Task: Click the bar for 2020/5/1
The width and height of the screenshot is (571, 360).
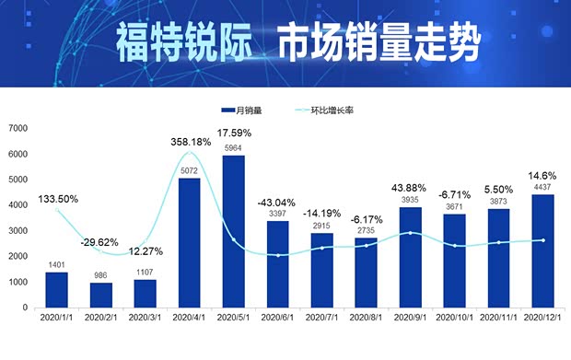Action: tap(233, 231)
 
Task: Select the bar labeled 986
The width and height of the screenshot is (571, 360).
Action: tap(100, 295)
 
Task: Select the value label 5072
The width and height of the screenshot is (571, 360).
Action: tap(189, 170)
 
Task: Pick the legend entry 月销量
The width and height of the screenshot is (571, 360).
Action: tap(241, 110)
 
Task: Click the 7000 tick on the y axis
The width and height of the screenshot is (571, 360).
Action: tap(19, 128)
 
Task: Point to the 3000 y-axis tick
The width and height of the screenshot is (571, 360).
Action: tap(19, 230)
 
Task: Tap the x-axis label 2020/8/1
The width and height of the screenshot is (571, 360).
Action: tap(367, 316)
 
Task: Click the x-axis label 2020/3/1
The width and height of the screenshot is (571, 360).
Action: tap(145, 316)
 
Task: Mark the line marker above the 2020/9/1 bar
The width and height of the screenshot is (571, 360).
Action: tap(411, 233)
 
